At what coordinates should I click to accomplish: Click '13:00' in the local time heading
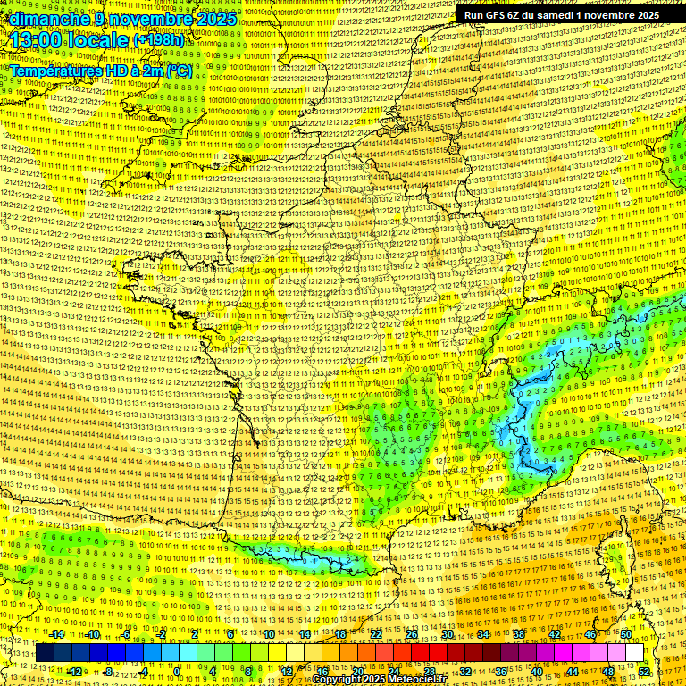39,41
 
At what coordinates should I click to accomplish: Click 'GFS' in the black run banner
498,14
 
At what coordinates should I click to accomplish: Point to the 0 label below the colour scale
177,671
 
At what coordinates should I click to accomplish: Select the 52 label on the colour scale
644,671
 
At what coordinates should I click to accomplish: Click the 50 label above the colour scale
626,634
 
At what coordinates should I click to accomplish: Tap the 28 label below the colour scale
430,671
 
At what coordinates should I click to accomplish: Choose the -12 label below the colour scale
75,671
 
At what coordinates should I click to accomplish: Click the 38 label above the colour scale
519,634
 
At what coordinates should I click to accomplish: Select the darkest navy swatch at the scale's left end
46,652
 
